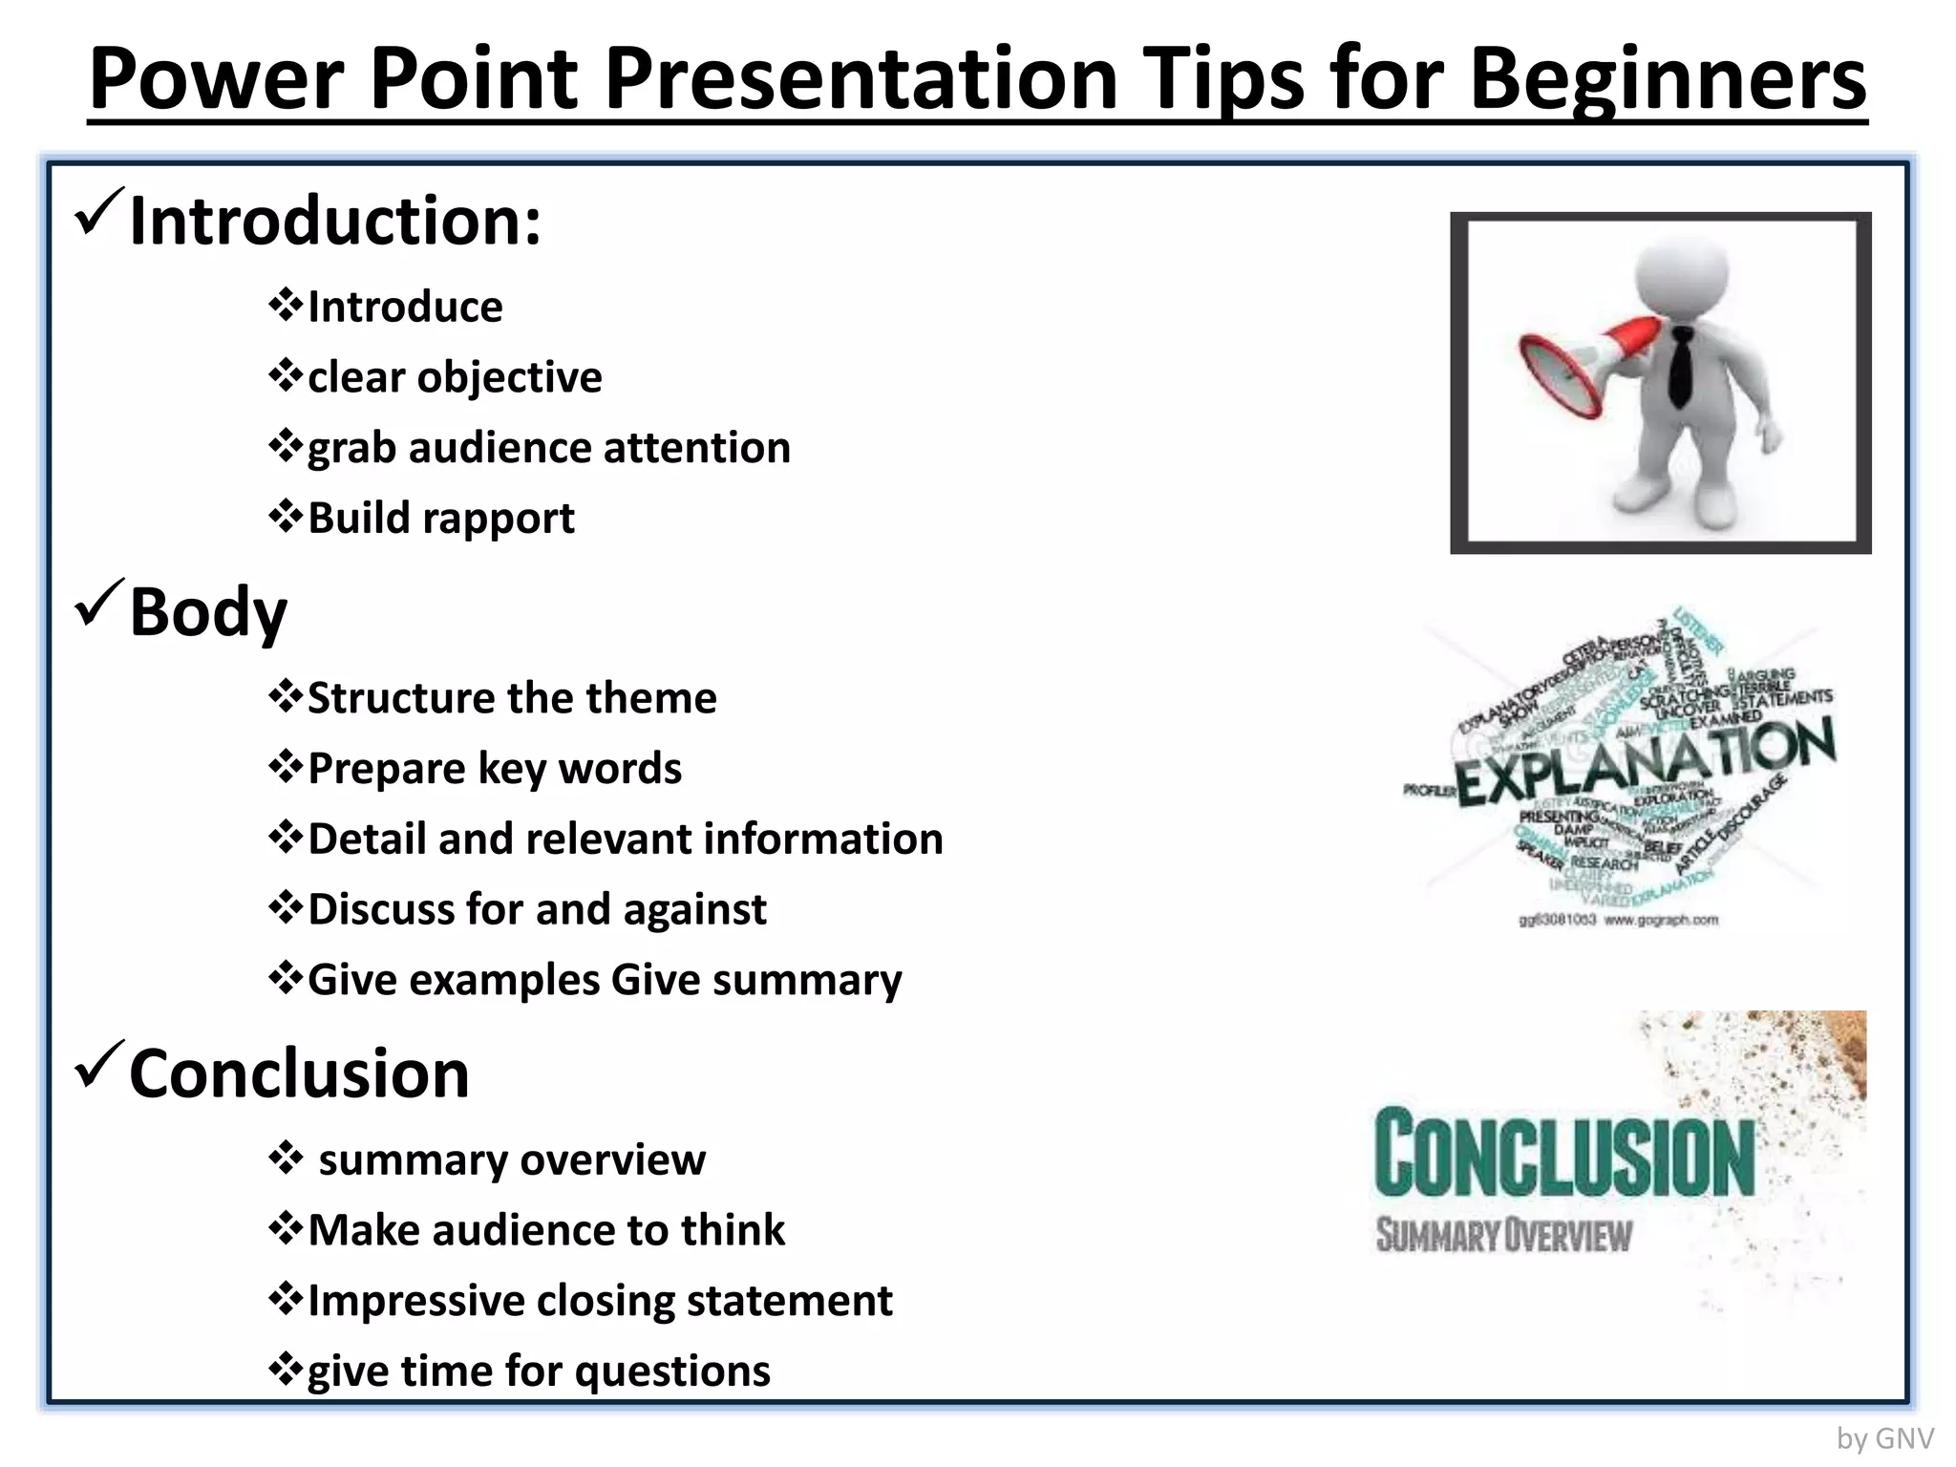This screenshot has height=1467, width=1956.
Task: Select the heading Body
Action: click(207, 612)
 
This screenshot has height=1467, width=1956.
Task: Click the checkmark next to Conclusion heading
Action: click(97, 1065)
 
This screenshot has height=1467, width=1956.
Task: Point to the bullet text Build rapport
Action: click(440, 519)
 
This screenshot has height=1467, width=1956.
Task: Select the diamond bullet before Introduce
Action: click(285, 306)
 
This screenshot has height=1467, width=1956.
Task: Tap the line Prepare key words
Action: click(494, 769)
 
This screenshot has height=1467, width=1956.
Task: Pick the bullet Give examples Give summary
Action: click(604, 981)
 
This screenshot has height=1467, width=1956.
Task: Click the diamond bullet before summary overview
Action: click(285, 1159)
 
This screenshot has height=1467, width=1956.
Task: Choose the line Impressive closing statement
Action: click(599, 1302)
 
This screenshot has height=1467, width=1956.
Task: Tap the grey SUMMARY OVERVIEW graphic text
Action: click(1503, 1235)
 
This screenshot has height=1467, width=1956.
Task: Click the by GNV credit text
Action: click(1884, 1438)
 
